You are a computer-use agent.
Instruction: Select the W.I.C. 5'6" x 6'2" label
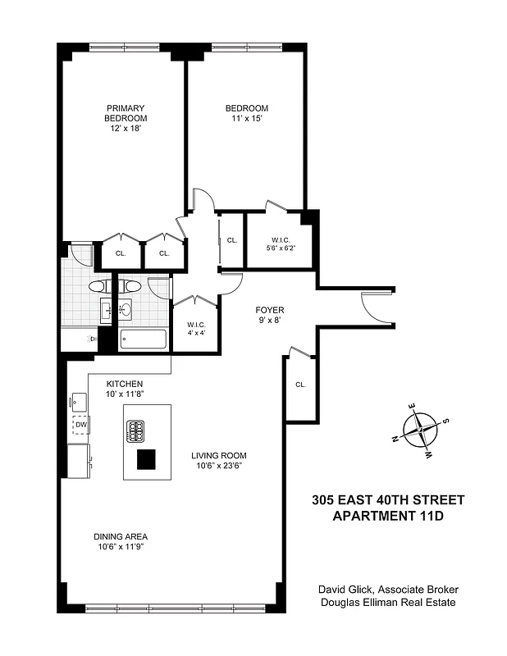click(x=279, y=244)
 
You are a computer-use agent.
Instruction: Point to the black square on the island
click(x=146, y=460)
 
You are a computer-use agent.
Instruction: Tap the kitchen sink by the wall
click(x=80, y=400)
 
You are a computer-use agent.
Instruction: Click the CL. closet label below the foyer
click(x=301, y=385)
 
